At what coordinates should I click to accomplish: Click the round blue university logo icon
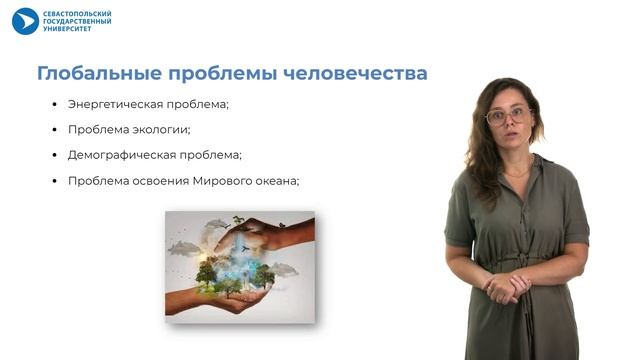[x=25, y=21]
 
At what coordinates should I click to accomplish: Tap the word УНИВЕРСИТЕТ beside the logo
[x=67, y=29]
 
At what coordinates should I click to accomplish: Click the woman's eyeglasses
[x=507, y=116]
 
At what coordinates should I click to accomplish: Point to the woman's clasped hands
[x=506, y=286]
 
